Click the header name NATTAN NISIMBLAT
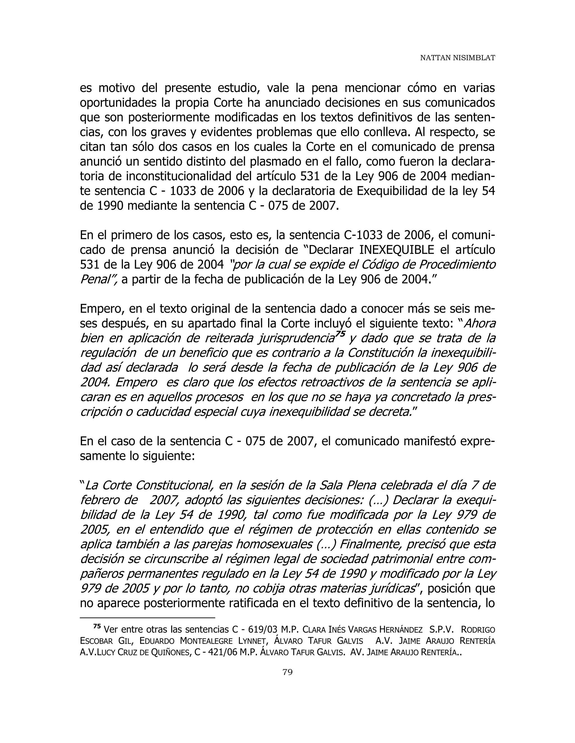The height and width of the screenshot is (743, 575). pos(457,58)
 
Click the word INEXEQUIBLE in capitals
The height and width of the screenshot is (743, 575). pos(396,250)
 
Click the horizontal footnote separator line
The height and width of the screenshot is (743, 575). pos(147,617)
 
